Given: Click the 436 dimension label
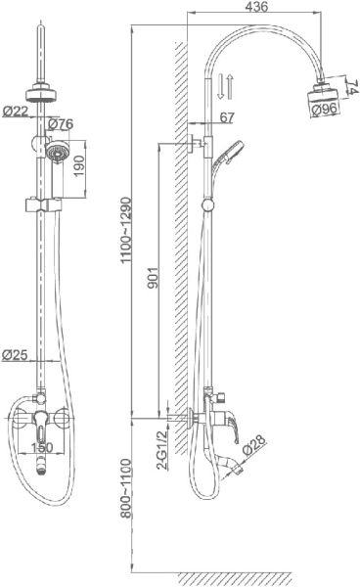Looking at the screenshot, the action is click(x=256, y=7).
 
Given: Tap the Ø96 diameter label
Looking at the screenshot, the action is click(x=325, y=109).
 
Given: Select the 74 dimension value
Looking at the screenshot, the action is click(x=352, y=87).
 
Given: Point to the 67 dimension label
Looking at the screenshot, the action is click(x=227, y=117).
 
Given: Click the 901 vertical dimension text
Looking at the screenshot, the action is click(x=153, y=278).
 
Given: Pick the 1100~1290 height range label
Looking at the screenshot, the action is click(x=126, y=230).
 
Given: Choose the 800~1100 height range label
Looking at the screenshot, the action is click(x=126, y=488).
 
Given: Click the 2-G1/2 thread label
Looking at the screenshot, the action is click(x=161, y=450).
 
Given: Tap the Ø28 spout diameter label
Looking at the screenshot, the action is click(x=253, y=444).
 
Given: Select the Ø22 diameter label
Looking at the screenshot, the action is click(x=16, y=111).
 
